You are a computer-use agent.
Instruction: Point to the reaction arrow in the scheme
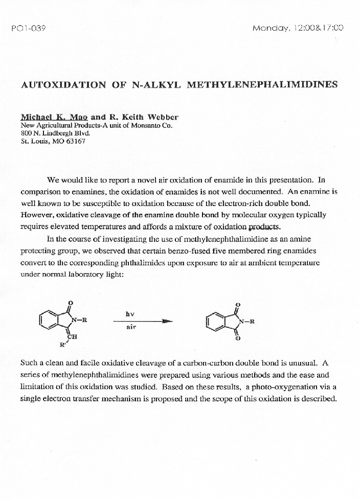144,321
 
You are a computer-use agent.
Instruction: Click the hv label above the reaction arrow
130,313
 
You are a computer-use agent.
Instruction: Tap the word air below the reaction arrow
131,328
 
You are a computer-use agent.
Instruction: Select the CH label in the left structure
74,336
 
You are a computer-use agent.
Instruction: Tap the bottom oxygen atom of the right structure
237,338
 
